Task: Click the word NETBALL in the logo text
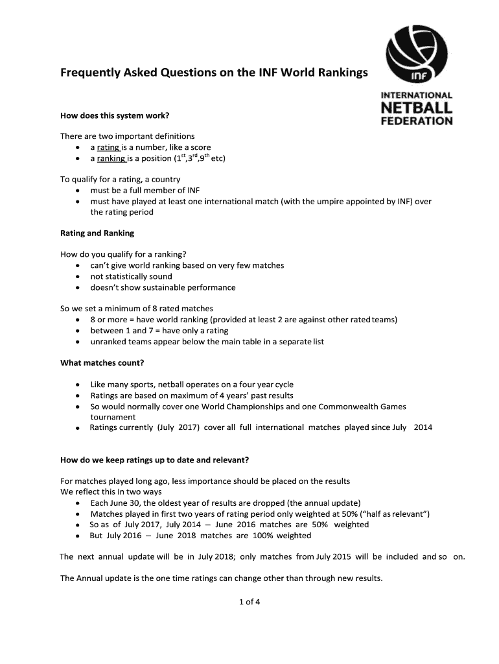click(416, 108)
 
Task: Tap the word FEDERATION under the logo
click(416, 121)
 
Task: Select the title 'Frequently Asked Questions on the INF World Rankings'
click(214, 72)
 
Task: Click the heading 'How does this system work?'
click(115, 115)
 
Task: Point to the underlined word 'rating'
click(108, 147)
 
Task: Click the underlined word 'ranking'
click(111, 158)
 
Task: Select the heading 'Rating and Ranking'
click(97, 233)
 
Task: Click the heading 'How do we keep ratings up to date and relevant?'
click(154, 460)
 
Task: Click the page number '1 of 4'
click(250, 601)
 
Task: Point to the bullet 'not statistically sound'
click(131, 276)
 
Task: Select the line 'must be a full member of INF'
click(145, 190)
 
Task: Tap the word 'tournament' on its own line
click(113, 417)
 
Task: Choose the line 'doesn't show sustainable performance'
click(163, 287)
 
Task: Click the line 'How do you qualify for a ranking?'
click(126, 254)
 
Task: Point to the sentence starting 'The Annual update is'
click(221, 578)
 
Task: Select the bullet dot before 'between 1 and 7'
click(78, 331)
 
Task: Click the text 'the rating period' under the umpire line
click(122, 212)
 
